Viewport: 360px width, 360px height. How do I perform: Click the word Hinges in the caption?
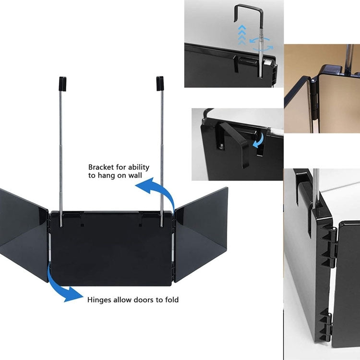click(98, 300)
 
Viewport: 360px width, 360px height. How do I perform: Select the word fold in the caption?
click(170, 300)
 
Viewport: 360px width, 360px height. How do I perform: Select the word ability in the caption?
click(138, 167)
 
